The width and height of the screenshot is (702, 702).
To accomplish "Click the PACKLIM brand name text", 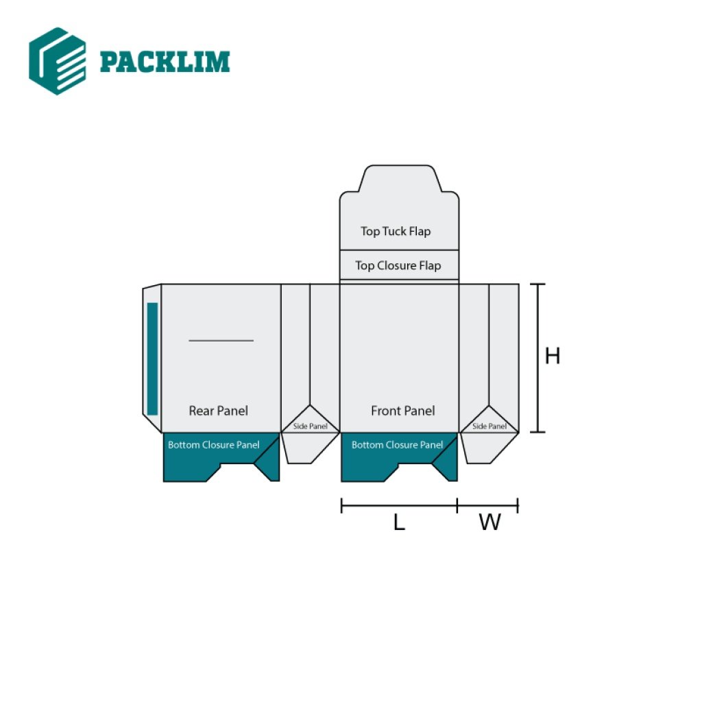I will (165, 62).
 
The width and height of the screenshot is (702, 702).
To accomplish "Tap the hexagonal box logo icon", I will (58, 61).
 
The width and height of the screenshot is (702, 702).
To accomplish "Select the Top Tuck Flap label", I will (396, 232).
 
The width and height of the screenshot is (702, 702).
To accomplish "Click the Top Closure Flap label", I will (398, 265).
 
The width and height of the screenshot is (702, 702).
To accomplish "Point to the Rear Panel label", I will (218, 411).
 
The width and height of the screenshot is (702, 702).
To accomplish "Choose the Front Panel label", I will (402, 411).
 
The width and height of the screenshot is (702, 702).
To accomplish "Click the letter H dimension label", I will (553, 356).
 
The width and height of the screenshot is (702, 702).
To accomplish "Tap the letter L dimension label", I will (399, 522).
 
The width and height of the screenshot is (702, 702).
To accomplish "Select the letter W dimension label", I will (489, 522).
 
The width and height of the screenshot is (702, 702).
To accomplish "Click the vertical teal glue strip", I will (152, 359).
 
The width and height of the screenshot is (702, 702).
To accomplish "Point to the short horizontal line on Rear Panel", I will (221, 340).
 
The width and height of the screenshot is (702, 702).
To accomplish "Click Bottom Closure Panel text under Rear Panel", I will (213, 445).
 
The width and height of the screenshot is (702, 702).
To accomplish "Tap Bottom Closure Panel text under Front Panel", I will (397, 445).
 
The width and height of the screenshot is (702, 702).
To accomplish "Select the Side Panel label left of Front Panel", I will (311, 426).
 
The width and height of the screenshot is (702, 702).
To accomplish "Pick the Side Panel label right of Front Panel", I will (489, 426).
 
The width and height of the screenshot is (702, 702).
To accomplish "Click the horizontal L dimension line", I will (399, 506).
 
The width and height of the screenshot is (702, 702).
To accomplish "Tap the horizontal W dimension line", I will (487, 506).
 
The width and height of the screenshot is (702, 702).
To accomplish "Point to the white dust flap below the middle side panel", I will (308, 448).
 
